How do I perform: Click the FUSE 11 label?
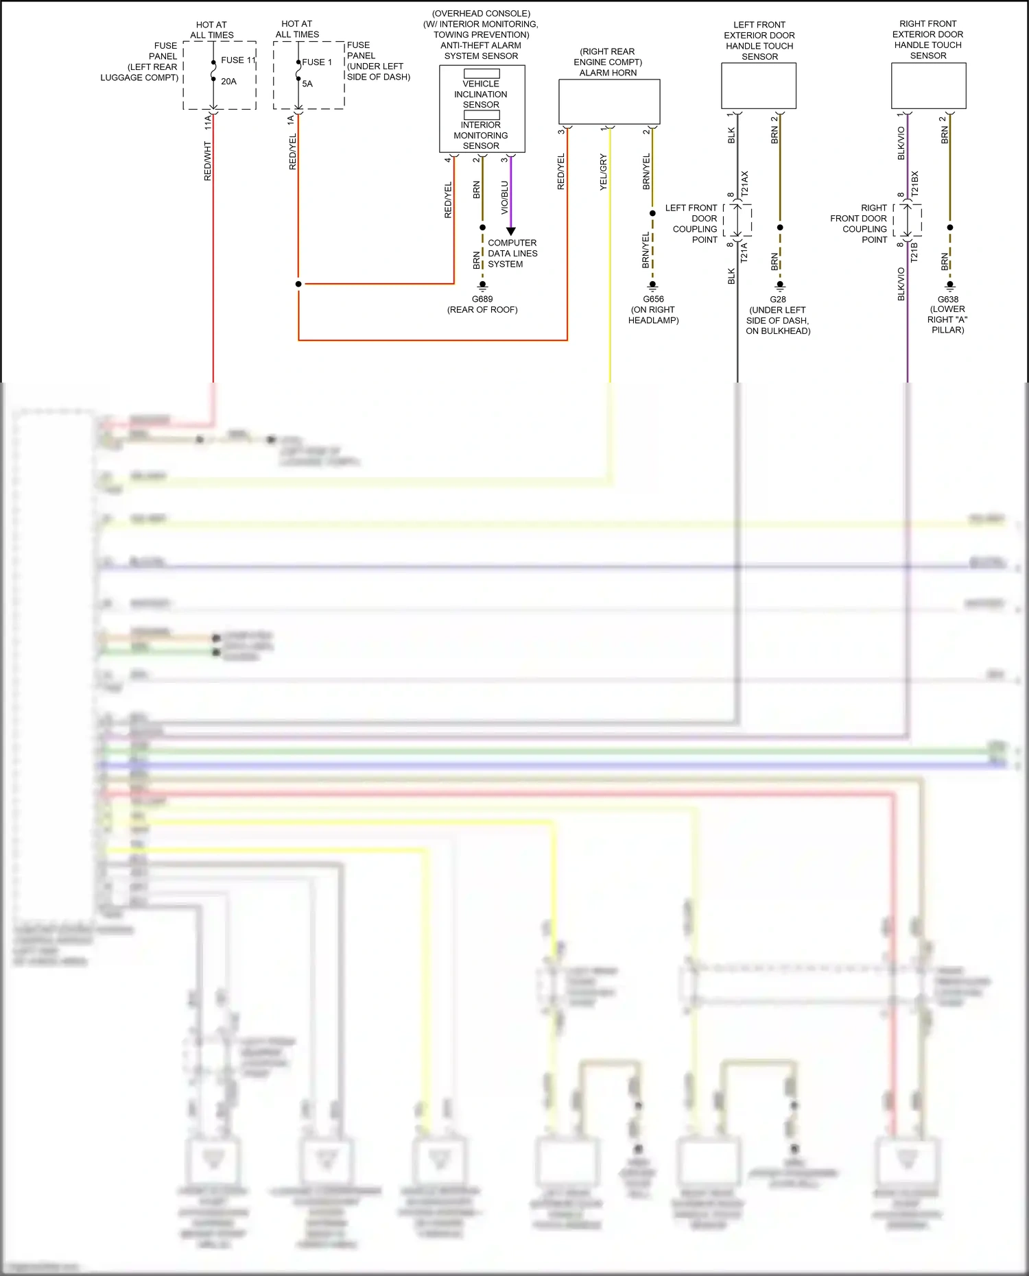tap(237, 60)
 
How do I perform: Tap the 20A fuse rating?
tap(228, 82)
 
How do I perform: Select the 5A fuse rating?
tap(307, 84)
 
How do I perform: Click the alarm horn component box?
tap(609, 101)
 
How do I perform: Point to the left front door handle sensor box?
tap(759, 86)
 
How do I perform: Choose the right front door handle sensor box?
tap(928, 86)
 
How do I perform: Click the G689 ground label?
tap(482, 300)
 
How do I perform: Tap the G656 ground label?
tap(653, 300)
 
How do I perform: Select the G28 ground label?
tap(778, 300)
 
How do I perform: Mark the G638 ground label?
tap(948, 300)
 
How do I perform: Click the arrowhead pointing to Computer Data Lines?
tap(510, 232)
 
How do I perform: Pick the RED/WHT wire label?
tap(208, 162)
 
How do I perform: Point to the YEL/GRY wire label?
tap(604, 172)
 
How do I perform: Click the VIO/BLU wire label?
tap(505, 197)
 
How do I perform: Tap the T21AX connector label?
tap(745, 184)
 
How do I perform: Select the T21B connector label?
tap(914, 252)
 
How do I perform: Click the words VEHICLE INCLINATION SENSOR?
tap(481, 95)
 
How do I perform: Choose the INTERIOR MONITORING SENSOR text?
tap(481, 135)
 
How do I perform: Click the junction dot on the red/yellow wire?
tap(298, 284)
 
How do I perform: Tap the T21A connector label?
tap(744, 252)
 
